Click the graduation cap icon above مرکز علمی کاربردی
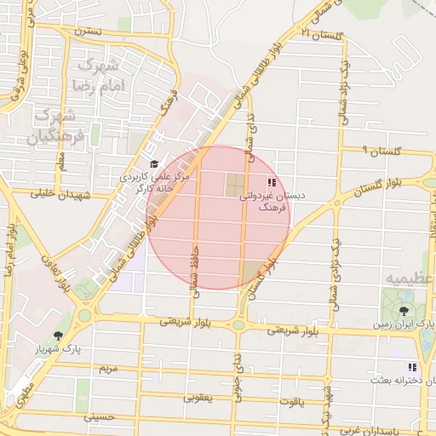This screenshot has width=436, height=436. [154, 164]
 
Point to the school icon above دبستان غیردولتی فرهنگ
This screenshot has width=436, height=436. [271, 182]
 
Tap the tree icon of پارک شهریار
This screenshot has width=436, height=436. [58, 336]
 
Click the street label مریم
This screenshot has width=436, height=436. [106, 369]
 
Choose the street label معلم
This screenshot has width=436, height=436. [60, 155]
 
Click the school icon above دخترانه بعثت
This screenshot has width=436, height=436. [389, 365]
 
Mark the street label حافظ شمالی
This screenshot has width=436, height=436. [195, 278]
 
